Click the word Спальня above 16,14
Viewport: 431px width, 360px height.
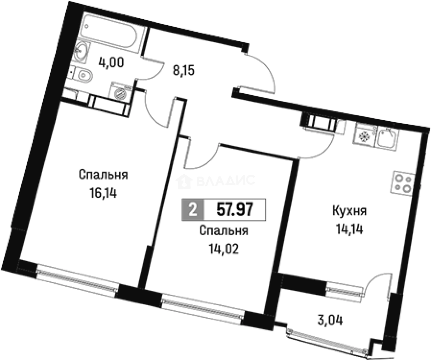pyautogui.click(x=103, y=175)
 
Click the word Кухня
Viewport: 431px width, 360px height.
pyautogui.click(x=349, y=211)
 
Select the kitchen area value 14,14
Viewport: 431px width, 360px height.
pyautogui.click(x=349, y=229)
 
